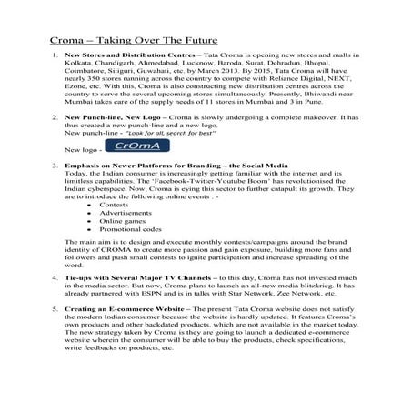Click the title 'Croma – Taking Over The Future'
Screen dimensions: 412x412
[136, 41]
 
